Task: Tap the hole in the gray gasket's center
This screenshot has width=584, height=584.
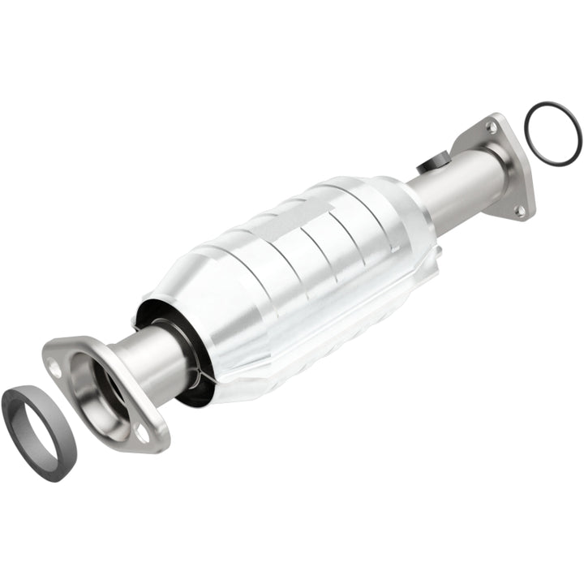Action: pos(38,423)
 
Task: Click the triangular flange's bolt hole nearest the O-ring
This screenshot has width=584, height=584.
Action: pos(492,127)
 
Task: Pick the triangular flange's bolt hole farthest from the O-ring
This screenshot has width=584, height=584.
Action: pos(520,210)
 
